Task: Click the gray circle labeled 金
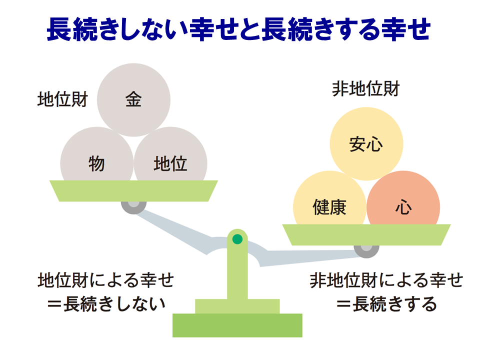coord(134,100)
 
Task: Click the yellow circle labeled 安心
coord(366,144)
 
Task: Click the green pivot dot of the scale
coord(237,239)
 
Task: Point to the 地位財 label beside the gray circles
coord(63,99)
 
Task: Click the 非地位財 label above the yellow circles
coord(366,89)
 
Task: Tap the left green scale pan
coord(134,190)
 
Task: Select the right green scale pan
coord(366,235)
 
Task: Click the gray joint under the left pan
coord(134,207)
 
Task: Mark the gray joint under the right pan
coord(366,251)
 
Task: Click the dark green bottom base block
coord(237,325)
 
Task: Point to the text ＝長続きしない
coord(106,304)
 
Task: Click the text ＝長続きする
coord(386,304)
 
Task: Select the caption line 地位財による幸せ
coord(106,280)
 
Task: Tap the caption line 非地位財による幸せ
coord(386,280)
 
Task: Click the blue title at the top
coord(239,29)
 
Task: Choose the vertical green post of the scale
coord(237,266)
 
